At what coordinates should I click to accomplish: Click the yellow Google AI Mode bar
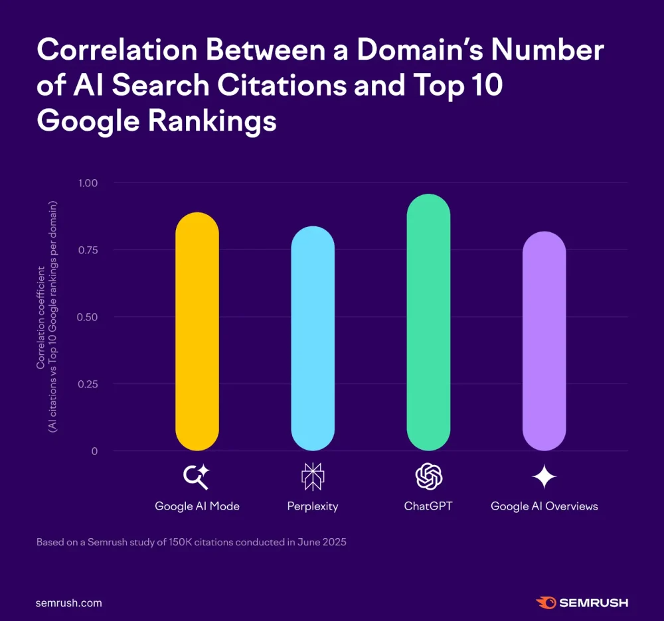(x=197, y=332)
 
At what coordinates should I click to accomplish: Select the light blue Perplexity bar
(x=313, y=338)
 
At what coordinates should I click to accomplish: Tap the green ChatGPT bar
(x=428, y=322)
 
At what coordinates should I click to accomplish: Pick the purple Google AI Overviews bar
(x=544, y=341)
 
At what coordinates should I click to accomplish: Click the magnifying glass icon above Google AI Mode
(x=197, y=476)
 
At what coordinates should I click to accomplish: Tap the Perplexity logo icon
(x=312, y=476)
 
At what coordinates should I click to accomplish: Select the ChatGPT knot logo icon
(x=428, y=476)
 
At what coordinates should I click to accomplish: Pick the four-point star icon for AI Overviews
(x=544, y=476)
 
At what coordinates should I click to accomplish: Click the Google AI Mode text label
(x=197, y=506)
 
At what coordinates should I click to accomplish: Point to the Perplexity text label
(x=313, y=506)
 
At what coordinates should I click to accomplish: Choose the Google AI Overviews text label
(x=544, y=506)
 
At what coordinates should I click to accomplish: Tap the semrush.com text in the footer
(x=69, y=603)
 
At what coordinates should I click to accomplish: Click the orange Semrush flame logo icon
(x=545, y=603)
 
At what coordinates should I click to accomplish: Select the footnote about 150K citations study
(x=191, y=542)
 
